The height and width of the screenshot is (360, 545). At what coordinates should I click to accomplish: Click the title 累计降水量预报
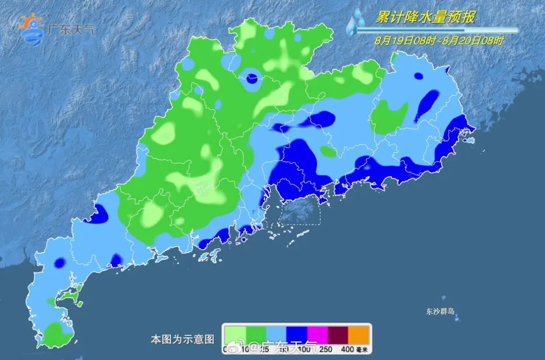(x=425, y=18)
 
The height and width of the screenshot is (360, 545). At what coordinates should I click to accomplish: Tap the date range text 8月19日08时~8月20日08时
(x=439, y=40)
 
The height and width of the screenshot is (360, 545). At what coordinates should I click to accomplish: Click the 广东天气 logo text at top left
(x=70, y=29)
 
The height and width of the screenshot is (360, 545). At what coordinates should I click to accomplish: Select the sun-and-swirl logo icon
(x=31, y=27)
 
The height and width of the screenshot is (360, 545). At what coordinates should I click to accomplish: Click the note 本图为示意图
(x=183, y=339)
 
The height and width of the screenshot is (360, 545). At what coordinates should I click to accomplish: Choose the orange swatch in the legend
(x=359, y=334)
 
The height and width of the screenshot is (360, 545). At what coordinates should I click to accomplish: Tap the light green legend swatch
(x=235, y=334)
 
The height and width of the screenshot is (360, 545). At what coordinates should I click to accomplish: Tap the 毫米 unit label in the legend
(x=364, y=349)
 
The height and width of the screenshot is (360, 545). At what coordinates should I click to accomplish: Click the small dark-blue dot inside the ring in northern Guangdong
(x=252, y=78)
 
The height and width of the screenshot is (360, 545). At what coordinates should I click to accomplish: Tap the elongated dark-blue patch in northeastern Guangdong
(x=427, y=105)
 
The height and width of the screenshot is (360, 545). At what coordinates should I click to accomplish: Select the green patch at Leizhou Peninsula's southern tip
(x=57, y=334)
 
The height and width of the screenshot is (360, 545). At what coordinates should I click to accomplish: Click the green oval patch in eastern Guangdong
(x=389, y=118)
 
